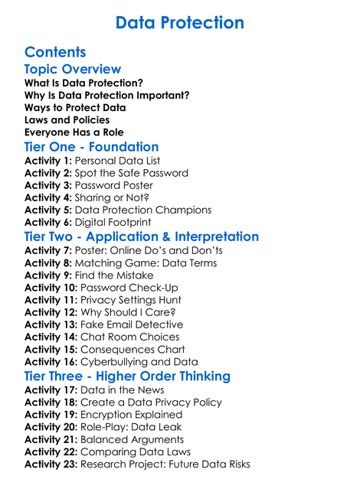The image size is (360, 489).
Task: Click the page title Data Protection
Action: (180, 23)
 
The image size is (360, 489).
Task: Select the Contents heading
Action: (55, 53)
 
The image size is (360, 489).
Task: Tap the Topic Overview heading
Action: (73, 70)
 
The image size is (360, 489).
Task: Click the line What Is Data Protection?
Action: (83, 83)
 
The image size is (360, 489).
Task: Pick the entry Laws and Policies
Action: (67, 120)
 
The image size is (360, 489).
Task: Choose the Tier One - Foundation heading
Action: (92, 147)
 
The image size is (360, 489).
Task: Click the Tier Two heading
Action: (142, 236)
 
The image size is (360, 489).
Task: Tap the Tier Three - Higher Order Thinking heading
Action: (127, 376)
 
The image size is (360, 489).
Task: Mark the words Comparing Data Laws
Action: (137, 452)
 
